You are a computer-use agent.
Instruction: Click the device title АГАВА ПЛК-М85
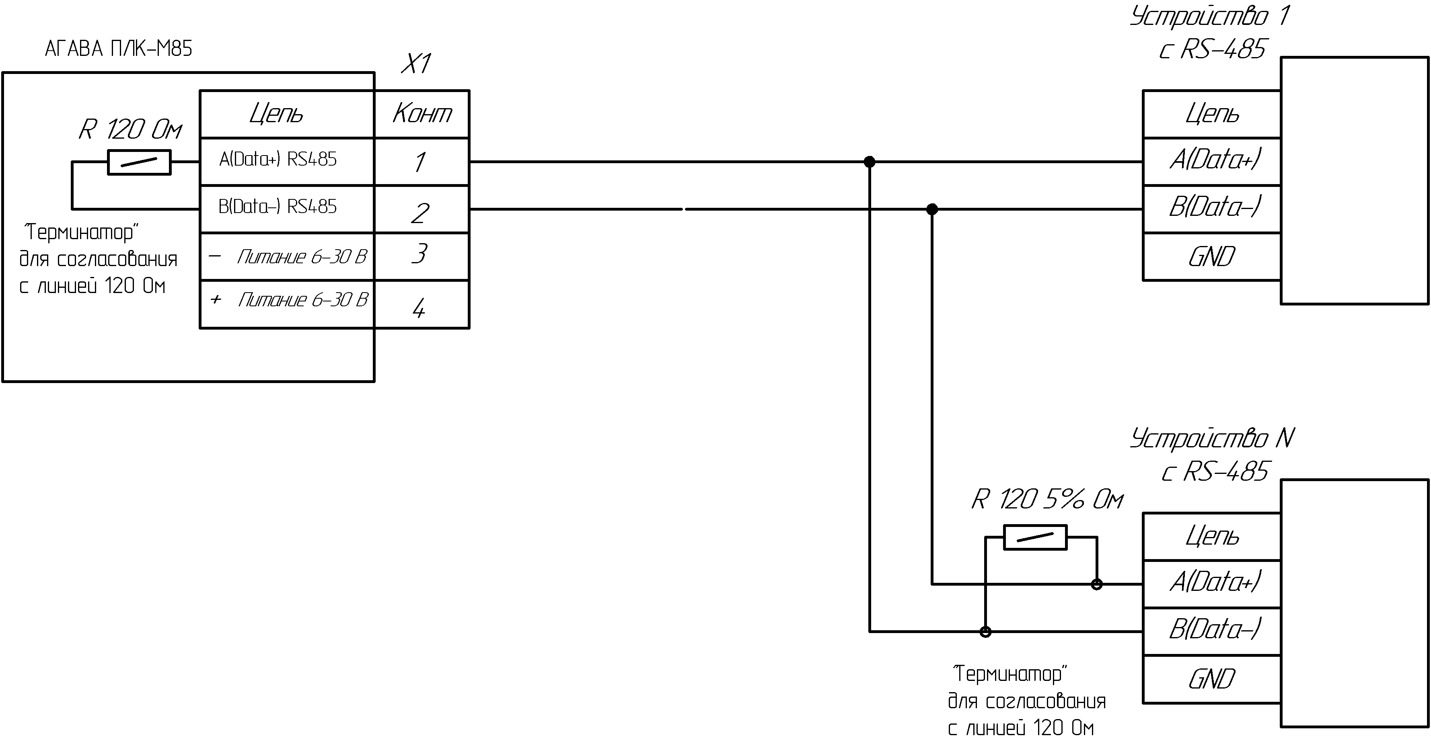(118, 49)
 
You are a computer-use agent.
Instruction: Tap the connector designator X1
(416, 64)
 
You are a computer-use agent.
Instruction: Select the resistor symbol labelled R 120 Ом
(139, 162)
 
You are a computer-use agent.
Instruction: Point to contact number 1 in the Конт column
(420, 162)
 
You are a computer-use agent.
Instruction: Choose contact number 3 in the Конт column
(419, 254)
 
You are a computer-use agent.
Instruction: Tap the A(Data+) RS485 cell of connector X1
(287, 162)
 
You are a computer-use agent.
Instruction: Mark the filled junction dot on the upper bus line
(870, 162)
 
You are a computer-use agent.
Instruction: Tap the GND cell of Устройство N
(1211, 679)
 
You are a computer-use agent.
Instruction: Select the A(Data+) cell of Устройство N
(1211, 584)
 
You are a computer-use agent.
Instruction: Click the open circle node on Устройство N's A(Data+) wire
(1097, 584)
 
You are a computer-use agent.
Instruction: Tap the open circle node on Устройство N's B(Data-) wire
(985, 631)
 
